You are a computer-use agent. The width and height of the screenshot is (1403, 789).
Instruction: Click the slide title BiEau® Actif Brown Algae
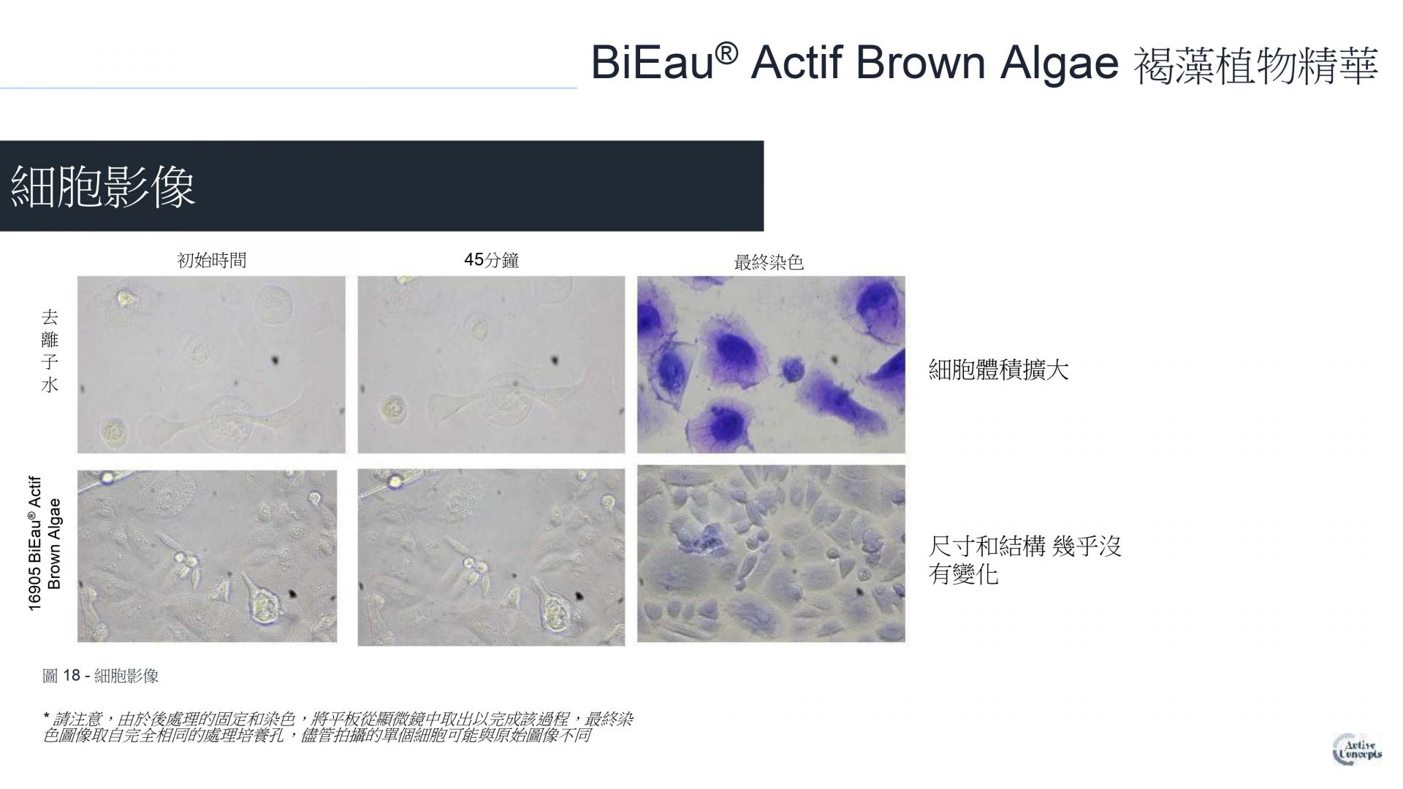click(x=854, y=63)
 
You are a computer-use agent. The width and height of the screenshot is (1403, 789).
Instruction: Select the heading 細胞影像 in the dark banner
click(x=103, y=186)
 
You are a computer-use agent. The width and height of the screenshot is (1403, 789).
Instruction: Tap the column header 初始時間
click(x=212, y=260)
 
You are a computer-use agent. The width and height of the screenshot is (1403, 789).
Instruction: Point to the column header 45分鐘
click(x=491, y=260)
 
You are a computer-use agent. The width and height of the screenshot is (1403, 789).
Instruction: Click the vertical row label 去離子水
click(x=50, y=351)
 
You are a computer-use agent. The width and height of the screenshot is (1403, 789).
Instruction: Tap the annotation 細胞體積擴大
click(x=998, y=369)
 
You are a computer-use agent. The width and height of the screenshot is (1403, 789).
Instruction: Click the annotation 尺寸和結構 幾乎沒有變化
click(x=1024, y=560)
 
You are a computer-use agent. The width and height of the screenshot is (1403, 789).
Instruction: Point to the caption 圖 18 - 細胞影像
click(x=101, y=676)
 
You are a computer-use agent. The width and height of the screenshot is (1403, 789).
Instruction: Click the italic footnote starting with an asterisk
click(x=338, y=728)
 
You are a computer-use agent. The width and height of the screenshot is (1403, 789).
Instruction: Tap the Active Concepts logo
click(x=1358, y=749)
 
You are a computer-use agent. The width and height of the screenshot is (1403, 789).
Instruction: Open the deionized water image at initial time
click(x=211, y=365)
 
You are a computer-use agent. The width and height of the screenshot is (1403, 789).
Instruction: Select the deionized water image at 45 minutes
click(x=491, y=365)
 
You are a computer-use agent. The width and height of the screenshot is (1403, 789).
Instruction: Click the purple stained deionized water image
click(x=771, y=365)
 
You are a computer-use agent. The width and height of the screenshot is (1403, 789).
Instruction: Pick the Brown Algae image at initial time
click(x=208, y=556)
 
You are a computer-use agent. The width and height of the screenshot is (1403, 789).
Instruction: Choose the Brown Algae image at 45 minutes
click(x=491, y=557)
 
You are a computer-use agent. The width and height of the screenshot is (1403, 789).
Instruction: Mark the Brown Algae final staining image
click(x=771, y=554)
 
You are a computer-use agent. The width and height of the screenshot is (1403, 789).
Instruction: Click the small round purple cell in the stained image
click(x=793, y=370)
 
